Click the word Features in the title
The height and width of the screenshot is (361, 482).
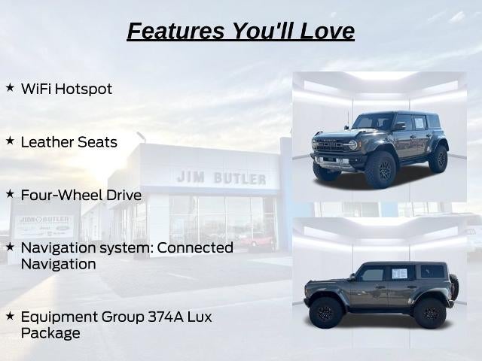[175, 31]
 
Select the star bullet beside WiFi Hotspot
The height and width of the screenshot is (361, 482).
[10, 87]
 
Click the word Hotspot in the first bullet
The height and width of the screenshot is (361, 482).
[84, 89]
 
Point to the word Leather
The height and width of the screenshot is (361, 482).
[47, 142]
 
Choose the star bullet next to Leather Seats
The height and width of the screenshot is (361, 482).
[10, 141]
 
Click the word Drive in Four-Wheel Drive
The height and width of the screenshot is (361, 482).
[124, 196]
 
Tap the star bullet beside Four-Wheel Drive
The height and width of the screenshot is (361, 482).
[10, 194]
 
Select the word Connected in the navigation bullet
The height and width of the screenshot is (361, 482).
[195, 247]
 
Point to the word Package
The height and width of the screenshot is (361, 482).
[50, 334]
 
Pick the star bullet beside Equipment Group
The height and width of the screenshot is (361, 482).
[10, 316]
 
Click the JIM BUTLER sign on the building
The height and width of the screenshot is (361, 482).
[221, 178]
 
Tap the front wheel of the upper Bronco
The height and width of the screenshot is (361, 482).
[381, 170]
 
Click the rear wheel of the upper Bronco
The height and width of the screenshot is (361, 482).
[439, 159]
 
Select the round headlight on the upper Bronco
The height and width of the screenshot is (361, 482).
[353, 144]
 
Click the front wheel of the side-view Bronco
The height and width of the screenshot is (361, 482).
[326, 313]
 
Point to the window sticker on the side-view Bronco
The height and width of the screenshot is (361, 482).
[400, 273]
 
